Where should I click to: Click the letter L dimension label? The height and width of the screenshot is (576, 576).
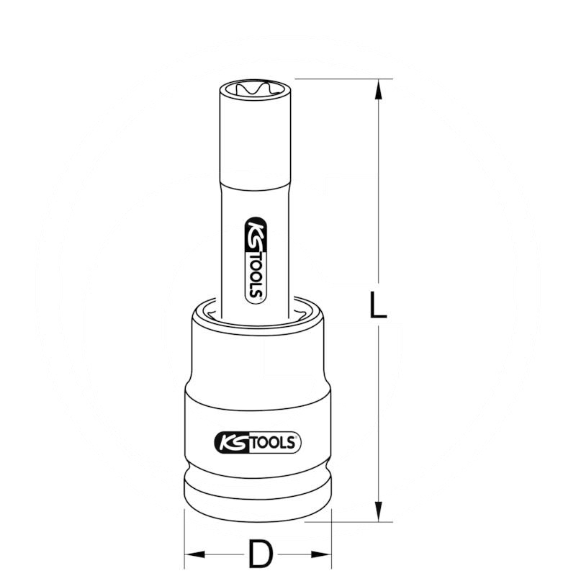(377, 305)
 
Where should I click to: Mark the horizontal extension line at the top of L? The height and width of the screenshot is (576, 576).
(338, 79)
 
